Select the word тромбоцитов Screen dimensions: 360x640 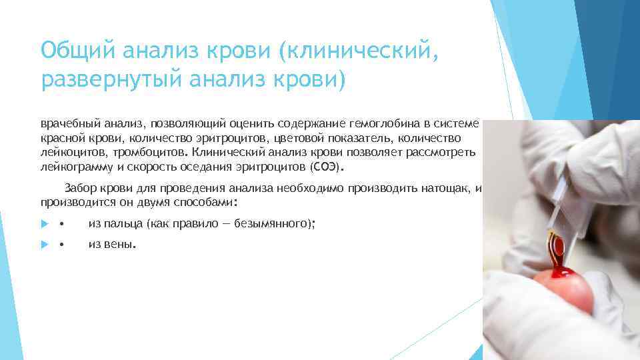[x=139, y=152]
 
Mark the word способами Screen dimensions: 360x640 [x=208, y=201]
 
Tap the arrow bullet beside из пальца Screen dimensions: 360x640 [x=45, y=225]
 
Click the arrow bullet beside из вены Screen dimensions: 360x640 [x=45, y=245]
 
